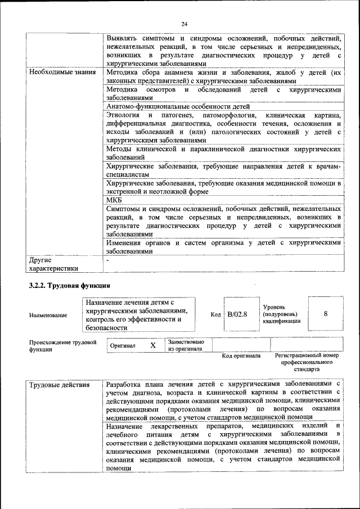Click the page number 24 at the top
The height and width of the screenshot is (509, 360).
point(184,23)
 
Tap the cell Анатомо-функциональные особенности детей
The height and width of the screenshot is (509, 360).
point(178,106)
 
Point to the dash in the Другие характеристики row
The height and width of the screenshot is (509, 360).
point(108,260)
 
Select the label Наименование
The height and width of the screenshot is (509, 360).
point(48,315)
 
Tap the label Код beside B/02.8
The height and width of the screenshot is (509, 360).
point(215,314)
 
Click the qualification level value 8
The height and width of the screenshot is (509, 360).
point(326,314)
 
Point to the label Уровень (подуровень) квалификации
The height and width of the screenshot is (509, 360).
point(281,314)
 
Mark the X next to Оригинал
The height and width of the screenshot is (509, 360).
point(152,345)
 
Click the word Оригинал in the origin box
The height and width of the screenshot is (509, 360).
point(123,345)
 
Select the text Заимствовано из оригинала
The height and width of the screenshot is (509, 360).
point(186,345)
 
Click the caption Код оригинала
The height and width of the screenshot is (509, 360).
point(241,356)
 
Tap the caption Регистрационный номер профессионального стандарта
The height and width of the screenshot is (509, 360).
point(307,363)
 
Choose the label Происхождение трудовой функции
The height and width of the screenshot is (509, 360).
point(62,345)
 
